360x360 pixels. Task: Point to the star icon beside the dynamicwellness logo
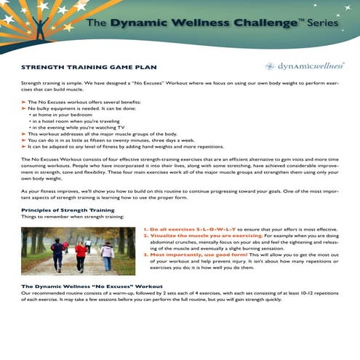click(x=271, y=66)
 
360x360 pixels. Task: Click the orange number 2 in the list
click(x=145, y=236)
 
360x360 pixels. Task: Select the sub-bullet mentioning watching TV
click(x=76, y=127)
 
